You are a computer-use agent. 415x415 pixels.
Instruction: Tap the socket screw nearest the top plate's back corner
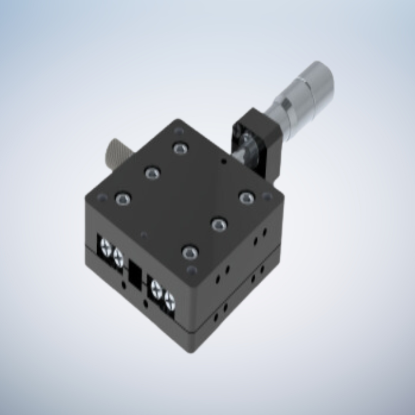180,148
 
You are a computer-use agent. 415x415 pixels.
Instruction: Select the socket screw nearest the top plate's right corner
246,198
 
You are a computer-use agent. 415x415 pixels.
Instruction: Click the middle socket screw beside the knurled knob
151,173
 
